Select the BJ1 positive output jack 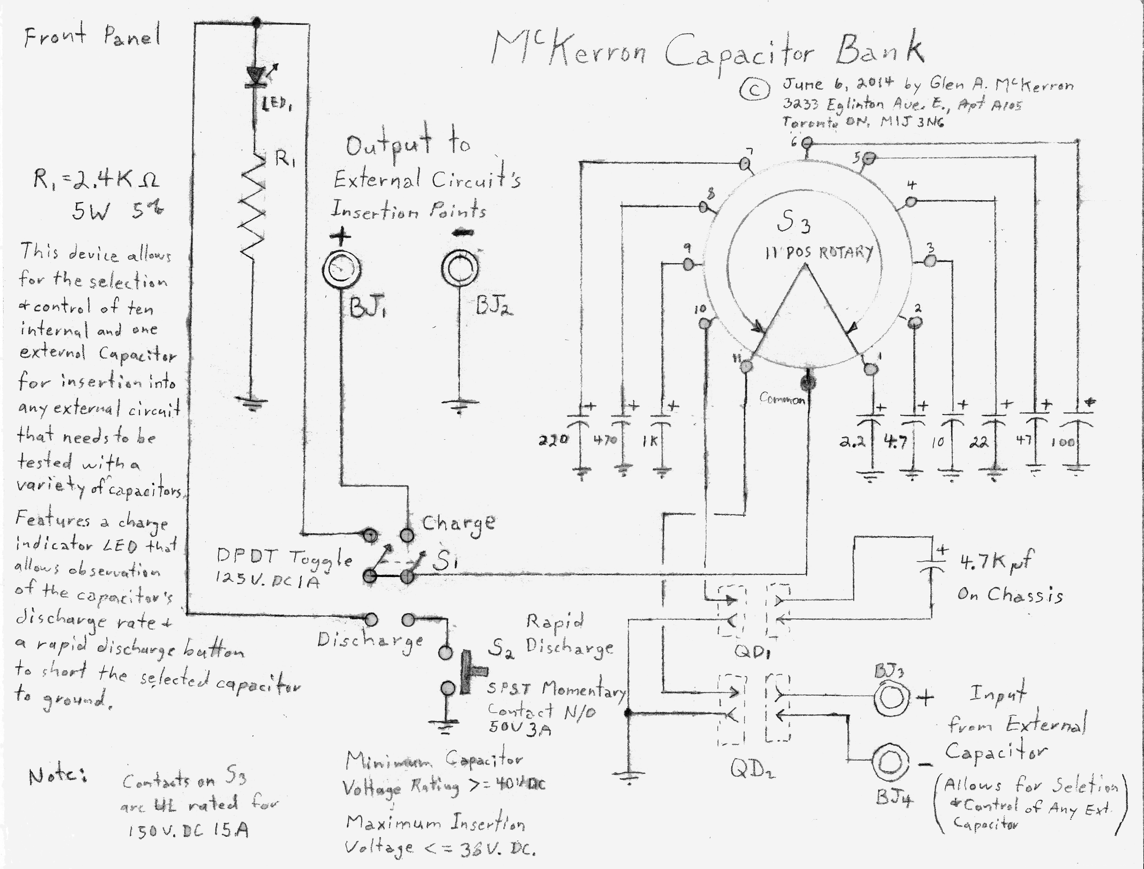pos(341,269)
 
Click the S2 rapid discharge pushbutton pos(468,671)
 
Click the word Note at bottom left pos(57,776)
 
